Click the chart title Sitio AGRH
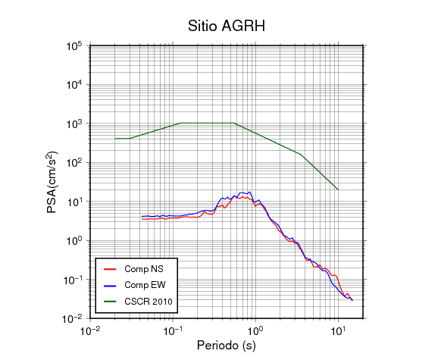(x=227, y=26)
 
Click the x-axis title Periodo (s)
(x=227, y=346)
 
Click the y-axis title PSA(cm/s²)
(x=52, y=183)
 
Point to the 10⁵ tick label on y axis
(x=74, y=46)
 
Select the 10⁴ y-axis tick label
(x=74, y=85)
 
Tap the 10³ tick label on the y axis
(x=74, y=124)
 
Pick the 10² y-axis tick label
(x=74, y=163)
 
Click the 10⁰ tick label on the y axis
(x=74, y=241)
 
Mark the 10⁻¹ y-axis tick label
(x=73, y=280)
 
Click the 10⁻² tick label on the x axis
(x=90, y=330)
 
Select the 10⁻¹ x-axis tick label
(x=173, y=330)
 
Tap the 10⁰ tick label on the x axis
(x=255, y=330)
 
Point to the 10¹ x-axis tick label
(x=338, y=330)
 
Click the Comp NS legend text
(x=144, y=269)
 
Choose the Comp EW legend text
(x=145, y=285)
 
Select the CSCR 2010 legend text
(x=149, y=302)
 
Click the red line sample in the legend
(x=110, y=269)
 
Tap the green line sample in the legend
(x=110, y=302)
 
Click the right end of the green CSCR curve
(x=338, y=189)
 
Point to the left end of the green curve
(x=115, y=139)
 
